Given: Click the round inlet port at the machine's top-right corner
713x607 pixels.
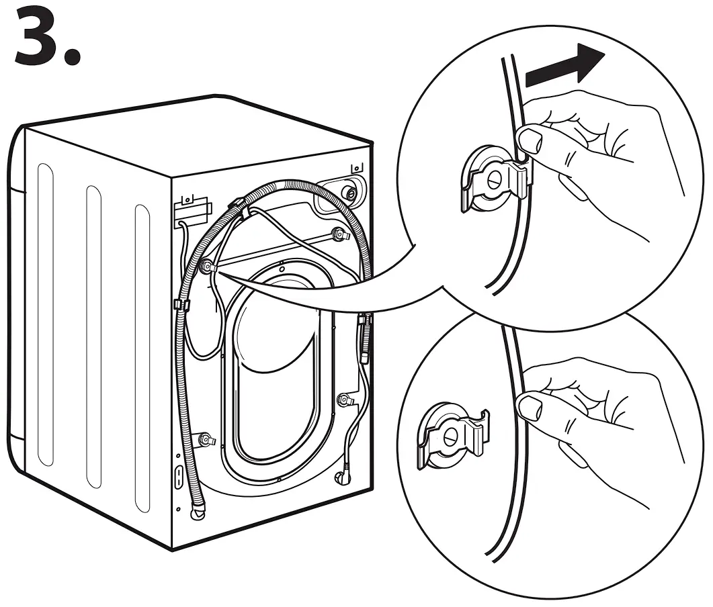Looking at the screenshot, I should click(x=349, y=193).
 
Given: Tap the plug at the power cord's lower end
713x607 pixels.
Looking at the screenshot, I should click(x=341, y=477).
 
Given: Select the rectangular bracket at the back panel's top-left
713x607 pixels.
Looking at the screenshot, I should click(x=191, y=212).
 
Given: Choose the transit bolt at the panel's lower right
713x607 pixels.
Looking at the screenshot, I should click(x=346, y=400).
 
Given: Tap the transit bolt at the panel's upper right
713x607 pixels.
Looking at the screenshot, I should click(x=341, y=234).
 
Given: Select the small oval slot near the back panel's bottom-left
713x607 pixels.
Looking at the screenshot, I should click(x=178, y=477).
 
